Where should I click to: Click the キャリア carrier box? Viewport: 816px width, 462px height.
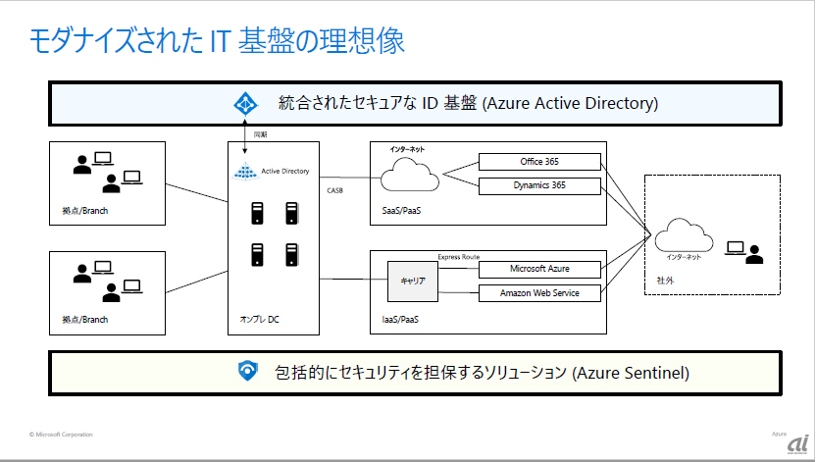coord(412,281)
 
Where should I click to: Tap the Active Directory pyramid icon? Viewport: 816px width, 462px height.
coord(244,172)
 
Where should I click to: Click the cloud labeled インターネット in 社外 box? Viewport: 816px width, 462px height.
coord(682,235)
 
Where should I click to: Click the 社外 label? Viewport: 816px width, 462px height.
coord(666,281)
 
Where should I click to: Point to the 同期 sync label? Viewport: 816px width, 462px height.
coord(260,133)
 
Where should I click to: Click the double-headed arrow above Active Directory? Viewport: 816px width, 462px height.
coord(244,138)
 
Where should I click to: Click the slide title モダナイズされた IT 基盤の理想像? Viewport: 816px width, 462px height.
coord(216,40)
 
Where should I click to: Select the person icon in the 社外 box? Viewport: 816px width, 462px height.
coord(753,253)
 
